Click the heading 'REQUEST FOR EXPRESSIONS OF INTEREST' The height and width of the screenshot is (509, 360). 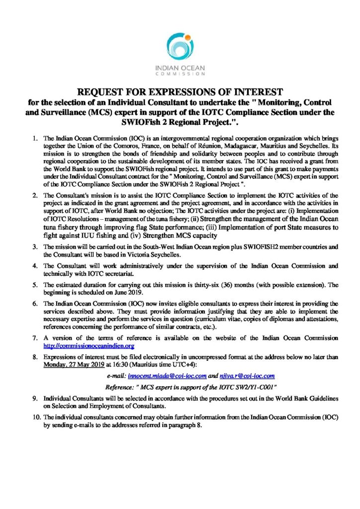(180, 91)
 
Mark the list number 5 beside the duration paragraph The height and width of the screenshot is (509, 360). (36, 286)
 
